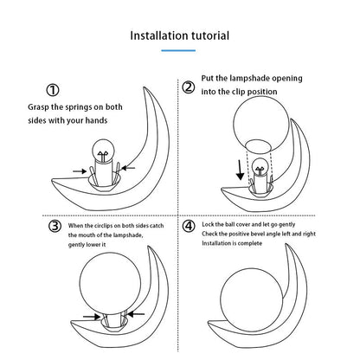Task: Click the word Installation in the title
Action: coord(156,35)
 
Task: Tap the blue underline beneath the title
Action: coord(178,50)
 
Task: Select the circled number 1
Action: coord(53,90)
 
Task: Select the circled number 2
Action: coord(189,87)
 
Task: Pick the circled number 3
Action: coord(55,226)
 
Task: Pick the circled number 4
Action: coord(189,226)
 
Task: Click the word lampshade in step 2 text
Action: coord(249,79)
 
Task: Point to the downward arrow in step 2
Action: coord(240,170)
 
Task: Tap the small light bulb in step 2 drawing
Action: coord(260,168)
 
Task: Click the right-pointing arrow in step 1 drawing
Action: coord(80,171)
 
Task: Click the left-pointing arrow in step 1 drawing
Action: coord(128,168)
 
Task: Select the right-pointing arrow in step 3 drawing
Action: coord(92,317)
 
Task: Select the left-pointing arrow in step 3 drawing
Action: coord(136,313)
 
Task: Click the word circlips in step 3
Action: coord(104,226)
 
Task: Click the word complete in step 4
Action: coord(250,243)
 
